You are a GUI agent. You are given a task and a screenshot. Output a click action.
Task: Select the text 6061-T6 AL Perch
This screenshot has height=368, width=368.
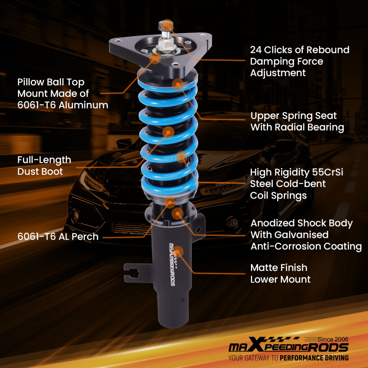58,237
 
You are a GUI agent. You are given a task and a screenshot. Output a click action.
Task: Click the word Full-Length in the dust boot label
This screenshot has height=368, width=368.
44,160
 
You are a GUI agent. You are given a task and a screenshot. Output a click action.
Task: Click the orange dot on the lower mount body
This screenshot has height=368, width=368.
178,251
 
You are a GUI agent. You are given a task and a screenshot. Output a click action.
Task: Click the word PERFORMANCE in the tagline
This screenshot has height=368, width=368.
303,358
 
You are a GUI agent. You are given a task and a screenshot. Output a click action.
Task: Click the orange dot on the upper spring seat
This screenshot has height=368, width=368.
178,84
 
